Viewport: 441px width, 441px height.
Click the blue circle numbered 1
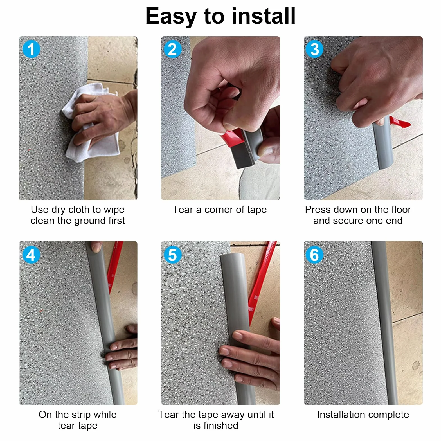click(31, 49)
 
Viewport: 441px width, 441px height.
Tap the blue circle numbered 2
click(173, 49)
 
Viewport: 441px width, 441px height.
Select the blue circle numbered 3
click(314, 49)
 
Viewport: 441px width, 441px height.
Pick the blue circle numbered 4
click(31, 255)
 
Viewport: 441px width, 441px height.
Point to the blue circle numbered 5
click(173, 255)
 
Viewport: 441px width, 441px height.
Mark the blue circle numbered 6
click(314, 255)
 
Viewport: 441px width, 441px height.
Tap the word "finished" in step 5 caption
click(220, 426)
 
